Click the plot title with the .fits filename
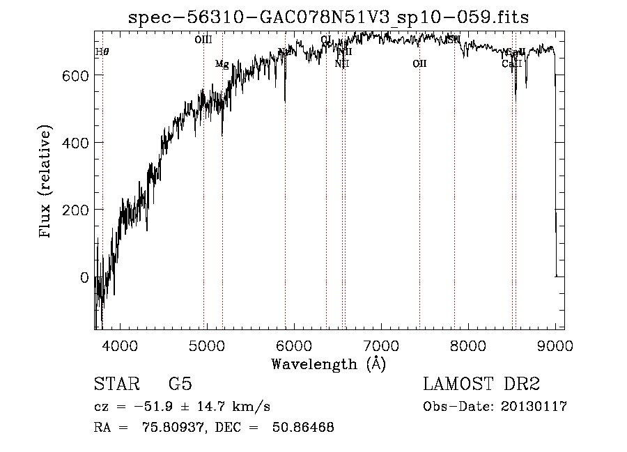[x=328, y=18]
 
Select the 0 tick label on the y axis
[x=84, y=277]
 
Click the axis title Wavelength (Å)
[x=328, y=364]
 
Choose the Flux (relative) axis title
[x=47, y=182]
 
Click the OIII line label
[x=203, y=40]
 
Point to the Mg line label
[x=222, y=64]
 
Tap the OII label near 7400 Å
[x=419, y=64]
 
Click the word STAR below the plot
[x=116, y=384]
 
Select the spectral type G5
[x=180, y=384]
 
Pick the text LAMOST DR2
[x=481, y=384]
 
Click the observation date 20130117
[x=537, y=407]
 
